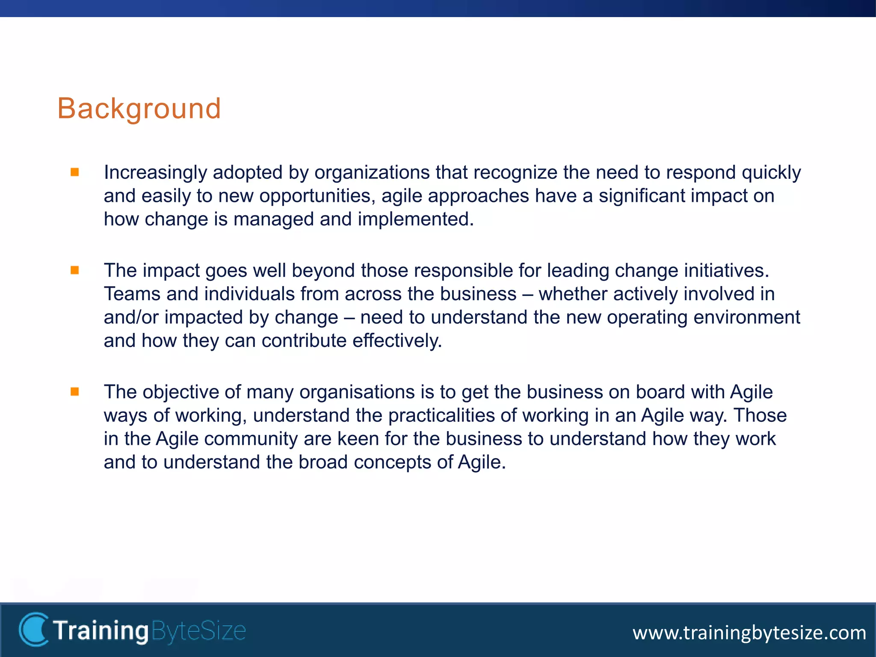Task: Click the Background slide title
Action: [139, 109]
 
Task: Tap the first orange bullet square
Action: [75, 172]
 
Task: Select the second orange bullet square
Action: [75, 270]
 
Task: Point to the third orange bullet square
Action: [75, 391]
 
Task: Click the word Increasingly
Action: [155, 173]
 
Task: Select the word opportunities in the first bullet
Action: [317, 196]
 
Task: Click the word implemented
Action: [415, 219]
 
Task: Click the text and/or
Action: [131, 317]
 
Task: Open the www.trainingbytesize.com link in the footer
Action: [749, 633]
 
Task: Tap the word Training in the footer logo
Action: [101, 631]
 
